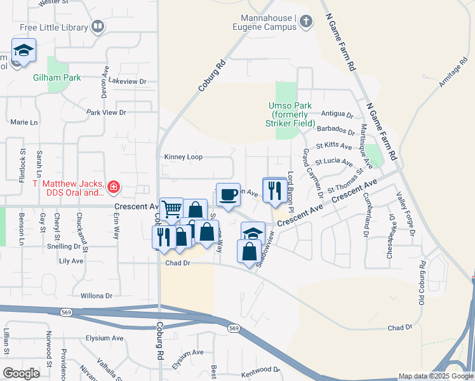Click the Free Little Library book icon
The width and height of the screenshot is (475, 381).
coord(98,26)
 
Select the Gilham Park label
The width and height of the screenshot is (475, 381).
coord(57,77)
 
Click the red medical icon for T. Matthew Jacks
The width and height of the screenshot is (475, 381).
coord(113,187)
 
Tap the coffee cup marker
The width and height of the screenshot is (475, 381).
coord(228,194)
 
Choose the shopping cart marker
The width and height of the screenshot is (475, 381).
coord(171,208)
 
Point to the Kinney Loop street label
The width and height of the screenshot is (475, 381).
coord(183,157)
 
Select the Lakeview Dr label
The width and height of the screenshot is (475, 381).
coord(128,81)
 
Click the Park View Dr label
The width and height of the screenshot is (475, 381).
coord(107,112)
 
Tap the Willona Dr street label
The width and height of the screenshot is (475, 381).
coord(97,296)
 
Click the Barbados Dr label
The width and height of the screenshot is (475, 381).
coord(336,130)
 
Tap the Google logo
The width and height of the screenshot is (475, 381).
coord(22,373)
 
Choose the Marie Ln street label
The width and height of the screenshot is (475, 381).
coord(24,122)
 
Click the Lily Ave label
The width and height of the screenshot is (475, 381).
coord(71,261)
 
